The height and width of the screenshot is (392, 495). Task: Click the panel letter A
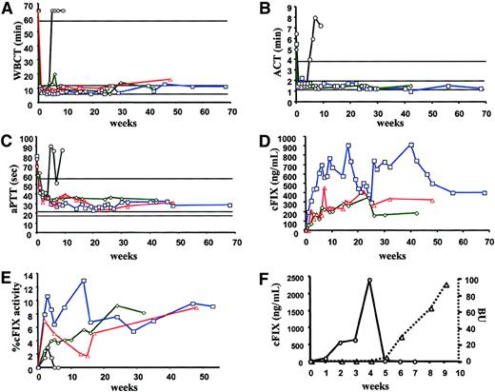pos(7,8)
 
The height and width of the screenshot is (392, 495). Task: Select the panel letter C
pos(7,140)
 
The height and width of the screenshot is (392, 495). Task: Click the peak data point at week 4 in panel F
pos(369,281)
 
